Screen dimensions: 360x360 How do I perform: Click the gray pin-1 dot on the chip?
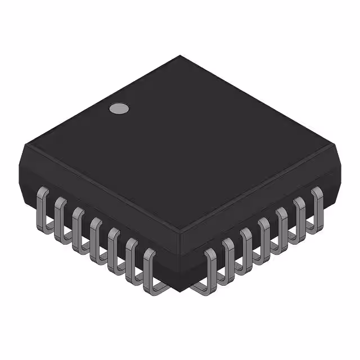coord(118,109)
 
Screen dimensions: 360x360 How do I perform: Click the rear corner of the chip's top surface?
coord(180,56)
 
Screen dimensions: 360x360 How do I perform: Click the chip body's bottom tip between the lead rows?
coord(180,290)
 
